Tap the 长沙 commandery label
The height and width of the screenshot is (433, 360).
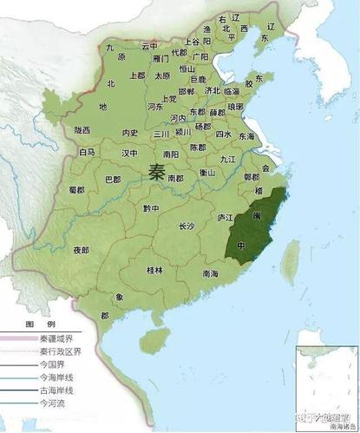187,226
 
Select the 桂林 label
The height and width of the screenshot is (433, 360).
155,271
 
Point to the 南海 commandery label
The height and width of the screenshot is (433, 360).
209,273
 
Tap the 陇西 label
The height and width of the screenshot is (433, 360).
82,130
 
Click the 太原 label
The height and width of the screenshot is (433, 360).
163,75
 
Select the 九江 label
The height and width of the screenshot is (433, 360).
228,160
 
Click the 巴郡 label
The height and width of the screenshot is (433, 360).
113,180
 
